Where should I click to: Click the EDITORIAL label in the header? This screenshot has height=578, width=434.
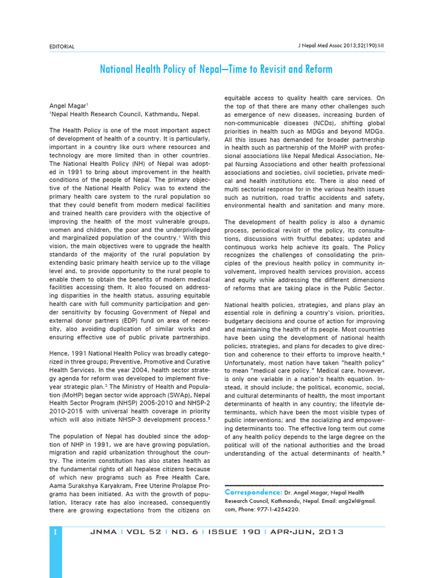62,46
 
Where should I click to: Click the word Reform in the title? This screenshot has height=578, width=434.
316,69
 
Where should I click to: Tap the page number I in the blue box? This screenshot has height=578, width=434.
55,532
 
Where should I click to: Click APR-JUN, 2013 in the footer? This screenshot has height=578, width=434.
307,532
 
